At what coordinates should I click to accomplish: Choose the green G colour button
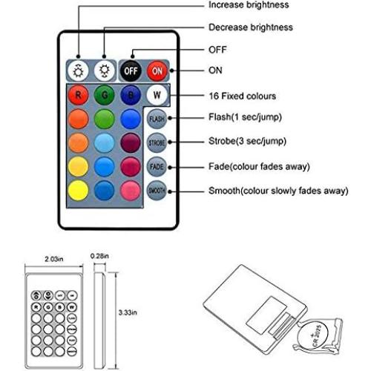tap(105, 95)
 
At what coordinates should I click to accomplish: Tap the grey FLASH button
tap(157, 119)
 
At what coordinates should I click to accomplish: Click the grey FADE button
tap(157, 166)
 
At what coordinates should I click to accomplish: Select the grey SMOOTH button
tap(157, 191)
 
